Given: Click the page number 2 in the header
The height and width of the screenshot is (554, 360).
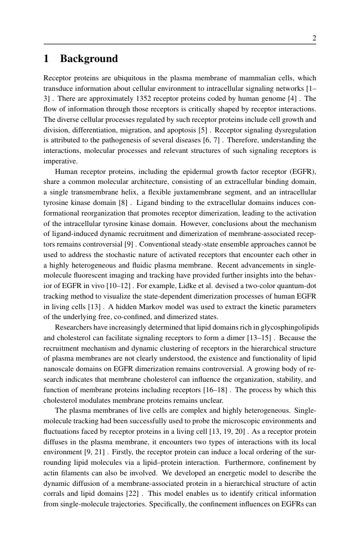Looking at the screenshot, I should click(x=314, y=38).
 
